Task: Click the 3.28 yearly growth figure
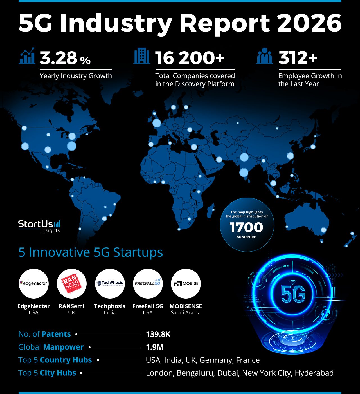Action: point(58,58)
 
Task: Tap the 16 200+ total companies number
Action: point(190,58)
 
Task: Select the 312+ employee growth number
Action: point(298,58)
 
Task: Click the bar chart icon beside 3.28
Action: point(27,56)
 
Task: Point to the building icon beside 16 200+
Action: point(142,56)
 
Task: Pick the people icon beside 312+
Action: point(264,56)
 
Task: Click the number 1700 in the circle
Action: point(246,227)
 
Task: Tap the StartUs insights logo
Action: point(39,226)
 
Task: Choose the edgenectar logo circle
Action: point(33,283)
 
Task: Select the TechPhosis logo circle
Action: point(110,283)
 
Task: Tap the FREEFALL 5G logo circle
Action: point(148,283)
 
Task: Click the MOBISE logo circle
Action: point(186,283)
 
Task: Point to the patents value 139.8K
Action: point(158,334)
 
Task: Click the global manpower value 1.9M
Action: point(155,347)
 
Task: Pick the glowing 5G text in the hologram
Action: point(293,295)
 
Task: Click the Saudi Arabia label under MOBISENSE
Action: point(186,313)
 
